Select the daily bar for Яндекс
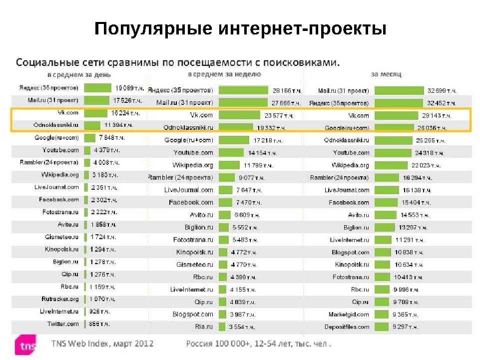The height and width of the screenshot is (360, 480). click(97, 88)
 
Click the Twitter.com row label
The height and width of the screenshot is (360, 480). click(63, 324)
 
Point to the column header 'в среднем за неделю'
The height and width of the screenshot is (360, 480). click(224, 74)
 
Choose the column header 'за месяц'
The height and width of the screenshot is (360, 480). click(386, 74)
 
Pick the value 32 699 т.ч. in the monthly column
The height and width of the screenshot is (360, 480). click(442, 91)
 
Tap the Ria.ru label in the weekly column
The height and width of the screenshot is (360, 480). click(204, 327)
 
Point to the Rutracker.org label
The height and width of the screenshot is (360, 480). click(60, 299)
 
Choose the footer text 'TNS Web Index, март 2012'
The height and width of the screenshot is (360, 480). click(102, 344)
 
